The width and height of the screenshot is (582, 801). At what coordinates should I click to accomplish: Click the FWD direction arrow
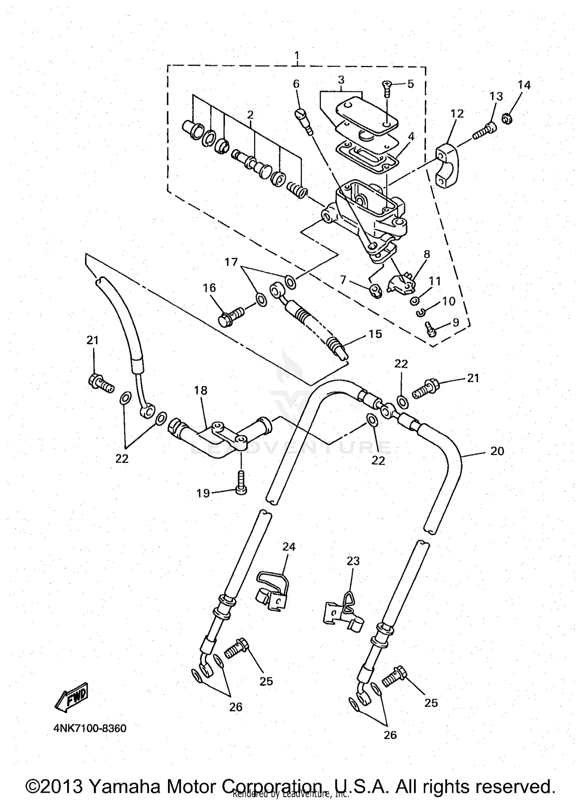72,698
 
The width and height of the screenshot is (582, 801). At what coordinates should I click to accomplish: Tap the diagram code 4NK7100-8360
90,728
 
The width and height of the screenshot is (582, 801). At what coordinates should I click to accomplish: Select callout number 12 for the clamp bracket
457,114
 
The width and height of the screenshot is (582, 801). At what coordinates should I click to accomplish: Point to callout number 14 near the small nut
524,85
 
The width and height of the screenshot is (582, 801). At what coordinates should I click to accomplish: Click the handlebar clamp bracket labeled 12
449,165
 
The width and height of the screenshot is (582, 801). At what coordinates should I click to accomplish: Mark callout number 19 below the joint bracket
203,493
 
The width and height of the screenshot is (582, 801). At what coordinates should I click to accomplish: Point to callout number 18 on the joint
201,390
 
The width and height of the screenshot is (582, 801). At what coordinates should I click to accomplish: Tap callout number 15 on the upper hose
375,334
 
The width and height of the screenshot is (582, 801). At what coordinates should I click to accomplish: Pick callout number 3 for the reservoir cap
341,80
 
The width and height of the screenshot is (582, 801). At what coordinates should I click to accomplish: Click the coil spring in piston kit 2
297,190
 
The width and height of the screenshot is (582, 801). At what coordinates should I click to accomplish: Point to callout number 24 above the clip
289,547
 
